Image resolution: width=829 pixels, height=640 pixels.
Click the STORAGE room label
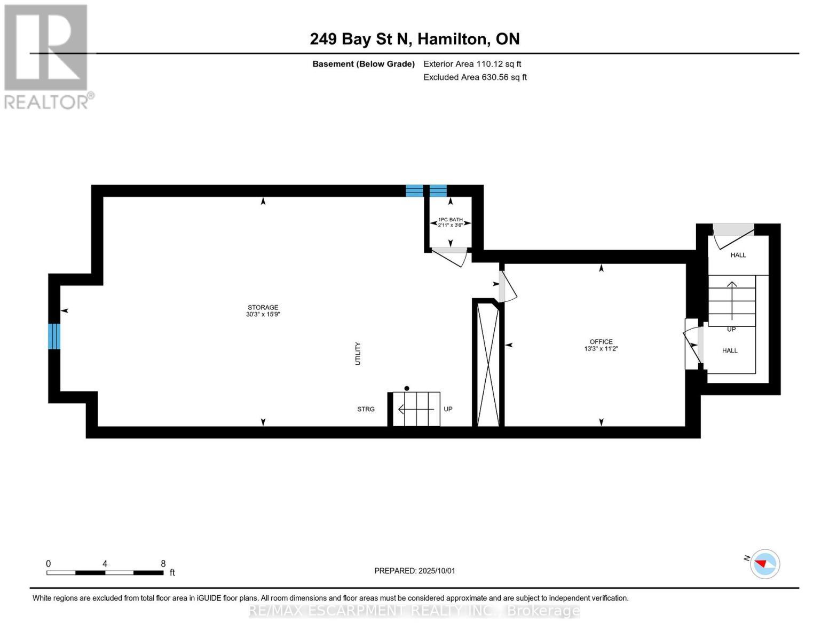[263, 307]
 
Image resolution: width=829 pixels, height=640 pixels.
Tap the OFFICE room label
[601, 341]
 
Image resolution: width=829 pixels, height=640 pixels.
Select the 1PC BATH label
[450, 220]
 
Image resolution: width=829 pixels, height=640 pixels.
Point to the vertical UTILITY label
[358, 354]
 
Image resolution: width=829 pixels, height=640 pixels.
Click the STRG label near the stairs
[366, 409]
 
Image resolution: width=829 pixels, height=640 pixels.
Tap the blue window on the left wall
[54, 336]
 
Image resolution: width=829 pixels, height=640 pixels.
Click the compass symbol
[765, 564]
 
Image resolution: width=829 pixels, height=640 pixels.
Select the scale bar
[105, 573]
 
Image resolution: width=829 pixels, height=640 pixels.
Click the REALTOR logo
[46, 55]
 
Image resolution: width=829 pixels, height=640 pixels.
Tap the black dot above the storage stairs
[407, 388]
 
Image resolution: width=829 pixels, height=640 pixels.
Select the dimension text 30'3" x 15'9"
[263, 315]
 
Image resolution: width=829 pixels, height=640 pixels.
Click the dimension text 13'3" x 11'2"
[601, 349]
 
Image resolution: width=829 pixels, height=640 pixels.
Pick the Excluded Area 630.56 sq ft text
[475, 77]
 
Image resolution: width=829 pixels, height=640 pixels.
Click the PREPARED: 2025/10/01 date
[415, 571]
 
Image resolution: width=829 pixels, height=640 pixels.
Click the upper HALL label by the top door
[738, 255]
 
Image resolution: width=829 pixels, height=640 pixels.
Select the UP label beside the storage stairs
[448, 409]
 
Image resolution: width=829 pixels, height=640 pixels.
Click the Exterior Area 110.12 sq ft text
[472, 64]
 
